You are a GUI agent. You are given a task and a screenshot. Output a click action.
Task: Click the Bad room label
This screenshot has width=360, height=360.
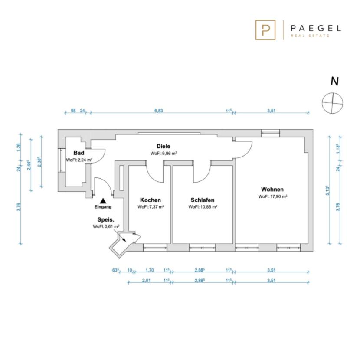(79, 153)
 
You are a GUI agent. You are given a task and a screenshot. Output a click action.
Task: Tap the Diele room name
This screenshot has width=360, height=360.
(164, 146)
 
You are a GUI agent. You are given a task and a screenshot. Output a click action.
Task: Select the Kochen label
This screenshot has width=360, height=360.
(151, 200)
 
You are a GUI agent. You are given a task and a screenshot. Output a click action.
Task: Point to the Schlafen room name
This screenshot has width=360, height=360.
(203, 200)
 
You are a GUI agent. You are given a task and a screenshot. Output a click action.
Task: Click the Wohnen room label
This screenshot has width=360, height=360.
(272, 190)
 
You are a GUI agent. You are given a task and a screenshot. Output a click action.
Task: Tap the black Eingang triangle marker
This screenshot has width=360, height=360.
(103, 201)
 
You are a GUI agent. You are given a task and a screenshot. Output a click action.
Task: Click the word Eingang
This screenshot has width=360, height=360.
(103, 207)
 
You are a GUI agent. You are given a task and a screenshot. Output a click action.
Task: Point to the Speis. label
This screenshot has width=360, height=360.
(106, 220)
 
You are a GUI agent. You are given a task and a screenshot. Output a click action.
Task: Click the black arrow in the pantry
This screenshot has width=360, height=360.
(122, 238)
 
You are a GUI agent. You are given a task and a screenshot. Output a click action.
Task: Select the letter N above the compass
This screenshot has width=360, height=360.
(334, 81)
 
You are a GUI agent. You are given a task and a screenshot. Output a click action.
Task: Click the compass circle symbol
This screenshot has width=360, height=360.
(332, 103)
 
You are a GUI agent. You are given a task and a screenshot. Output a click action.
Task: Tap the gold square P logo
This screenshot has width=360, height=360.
(265, 30)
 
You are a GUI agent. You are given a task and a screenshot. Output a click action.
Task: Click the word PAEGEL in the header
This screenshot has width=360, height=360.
(316, 28)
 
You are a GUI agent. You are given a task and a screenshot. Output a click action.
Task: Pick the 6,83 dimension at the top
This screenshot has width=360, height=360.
(159, 111)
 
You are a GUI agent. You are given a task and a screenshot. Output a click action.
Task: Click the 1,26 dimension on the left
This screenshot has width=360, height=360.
(19, 147)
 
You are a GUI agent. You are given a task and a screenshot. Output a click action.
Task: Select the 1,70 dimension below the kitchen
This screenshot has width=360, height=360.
(150, 270)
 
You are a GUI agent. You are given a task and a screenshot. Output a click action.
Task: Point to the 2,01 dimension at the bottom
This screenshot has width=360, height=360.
(146, 280)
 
